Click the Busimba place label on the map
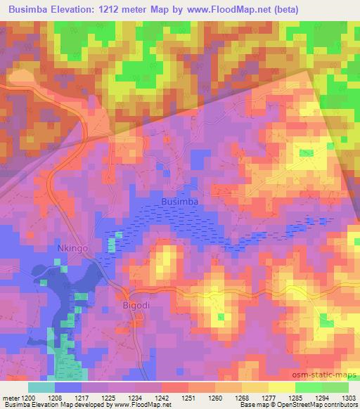[x=180, y=201]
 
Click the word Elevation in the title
[x=79, y=10]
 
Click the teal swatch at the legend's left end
[x=41, y=387]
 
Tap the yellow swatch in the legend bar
[x=281, y=387]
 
